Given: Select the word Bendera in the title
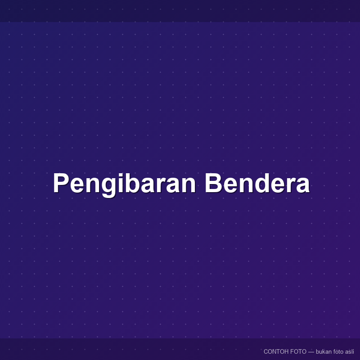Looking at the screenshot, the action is click(x=257, y=183).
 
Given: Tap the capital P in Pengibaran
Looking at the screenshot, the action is click(x=61, y=183).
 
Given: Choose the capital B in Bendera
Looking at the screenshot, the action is click(x=213, y=183).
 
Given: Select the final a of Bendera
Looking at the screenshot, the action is click(x=302, y=185).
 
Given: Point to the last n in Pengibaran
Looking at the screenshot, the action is click(x=188, y=185).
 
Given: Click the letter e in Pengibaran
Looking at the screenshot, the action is click(x=77, y=185).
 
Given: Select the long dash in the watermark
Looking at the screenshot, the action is click(x=311, y=352).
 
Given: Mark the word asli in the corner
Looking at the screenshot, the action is click(x=350, y=351).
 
